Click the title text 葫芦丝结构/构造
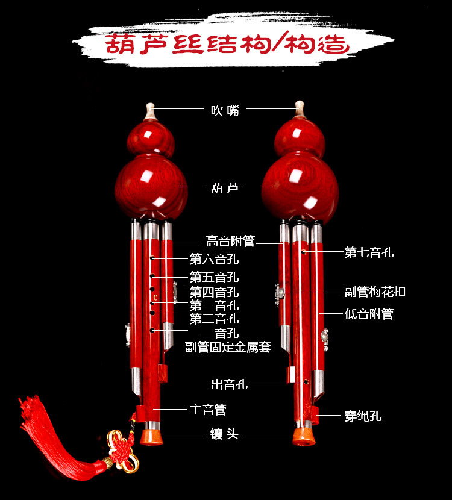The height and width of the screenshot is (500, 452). tap(226, 45)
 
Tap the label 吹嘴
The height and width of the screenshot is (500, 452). tap(225, 110)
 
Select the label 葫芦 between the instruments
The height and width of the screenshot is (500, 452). tap(225, 187)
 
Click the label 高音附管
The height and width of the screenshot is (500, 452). tap(230, 242)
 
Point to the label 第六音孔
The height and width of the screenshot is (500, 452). tap(214, 260)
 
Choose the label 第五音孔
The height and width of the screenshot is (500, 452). tap(214, 278)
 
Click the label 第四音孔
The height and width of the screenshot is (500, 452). tap(214, 292)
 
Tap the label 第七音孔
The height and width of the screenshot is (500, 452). tap(369, 252)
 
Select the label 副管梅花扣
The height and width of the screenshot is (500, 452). tap(375, 292)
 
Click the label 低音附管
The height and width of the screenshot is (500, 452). tap(369, 313)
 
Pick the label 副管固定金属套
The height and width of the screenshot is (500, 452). tap(228, 348)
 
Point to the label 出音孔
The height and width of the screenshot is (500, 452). tap(229, 384)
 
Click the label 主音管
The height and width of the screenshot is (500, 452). tap(208, 410)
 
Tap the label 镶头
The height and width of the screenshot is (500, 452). tap(224, 434)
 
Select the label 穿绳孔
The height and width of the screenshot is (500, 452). tap(363, 416)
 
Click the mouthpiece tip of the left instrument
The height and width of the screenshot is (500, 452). tap(151, 110)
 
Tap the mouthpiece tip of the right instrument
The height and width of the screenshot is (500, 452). tap(299, 108)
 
